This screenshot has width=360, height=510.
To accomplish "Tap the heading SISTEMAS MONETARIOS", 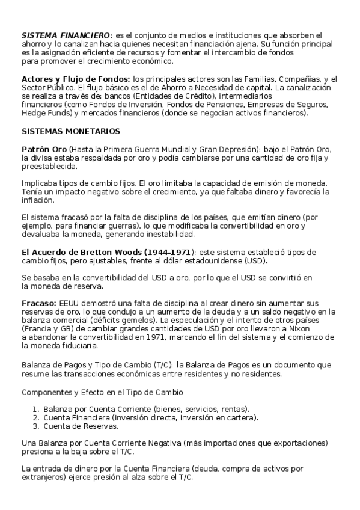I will point(70,131).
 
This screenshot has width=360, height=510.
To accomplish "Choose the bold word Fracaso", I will point(38,303).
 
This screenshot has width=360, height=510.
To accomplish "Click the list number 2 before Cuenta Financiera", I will point(35,417).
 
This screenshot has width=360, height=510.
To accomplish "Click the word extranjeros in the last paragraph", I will point(44,477).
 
